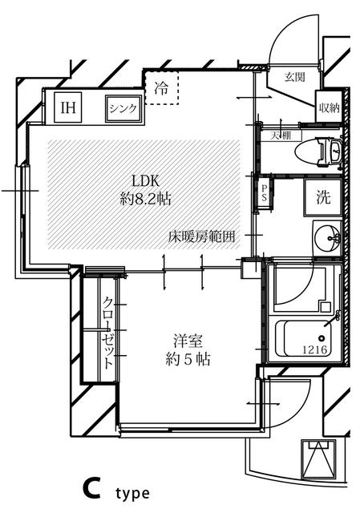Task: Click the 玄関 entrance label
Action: (x=294, y=78)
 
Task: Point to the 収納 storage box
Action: (x=328, y=108)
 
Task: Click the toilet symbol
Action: (x=318, y=151)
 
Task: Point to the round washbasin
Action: (x=326, y=238)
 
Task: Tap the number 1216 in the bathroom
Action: (x=314, y=349)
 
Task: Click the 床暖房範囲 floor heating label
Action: (x=201, y=236)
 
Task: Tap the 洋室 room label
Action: (x=188, y=340)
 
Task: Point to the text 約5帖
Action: (x=188, y=359)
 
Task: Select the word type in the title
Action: (x=131, y=493)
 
